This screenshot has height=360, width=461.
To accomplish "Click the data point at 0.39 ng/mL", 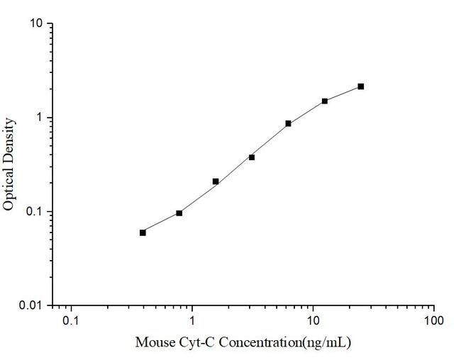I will (143, 232).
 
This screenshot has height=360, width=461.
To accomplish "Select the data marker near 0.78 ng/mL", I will (179, 213).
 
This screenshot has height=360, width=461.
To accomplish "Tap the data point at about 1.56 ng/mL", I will (216, 181).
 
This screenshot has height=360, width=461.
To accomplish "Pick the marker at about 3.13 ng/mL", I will (252, 157).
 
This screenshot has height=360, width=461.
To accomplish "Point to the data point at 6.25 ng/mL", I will (288, 123).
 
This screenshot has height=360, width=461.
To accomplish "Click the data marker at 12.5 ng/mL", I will (325, 101).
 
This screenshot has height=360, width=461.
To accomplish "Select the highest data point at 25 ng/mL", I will (361, 86).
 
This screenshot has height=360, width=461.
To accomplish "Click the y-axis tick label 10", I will (35, 23).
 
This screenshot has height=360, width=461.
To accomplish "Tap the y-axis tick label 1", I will (40, 118).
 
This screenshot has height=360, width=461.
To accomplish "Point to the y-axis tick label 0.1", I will (33, 212).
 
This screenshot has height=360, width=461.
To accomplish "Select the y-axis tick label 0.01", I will (31, 305).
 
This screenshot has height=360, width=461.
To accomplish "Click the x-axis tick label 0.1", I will (70, 322).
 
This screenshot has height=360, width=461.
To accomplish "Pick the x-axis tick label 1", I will (191, 322).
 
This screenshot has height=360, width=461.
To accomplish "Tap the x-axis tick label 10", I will (313, 322).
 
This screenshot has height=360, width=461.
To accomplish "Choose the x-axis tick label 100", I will (434, 322).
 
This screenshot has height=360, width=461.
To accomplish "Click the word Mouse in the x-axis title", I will (153, 343).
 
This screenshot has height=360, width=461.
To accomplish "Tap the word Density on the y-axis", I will (9, 140).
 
